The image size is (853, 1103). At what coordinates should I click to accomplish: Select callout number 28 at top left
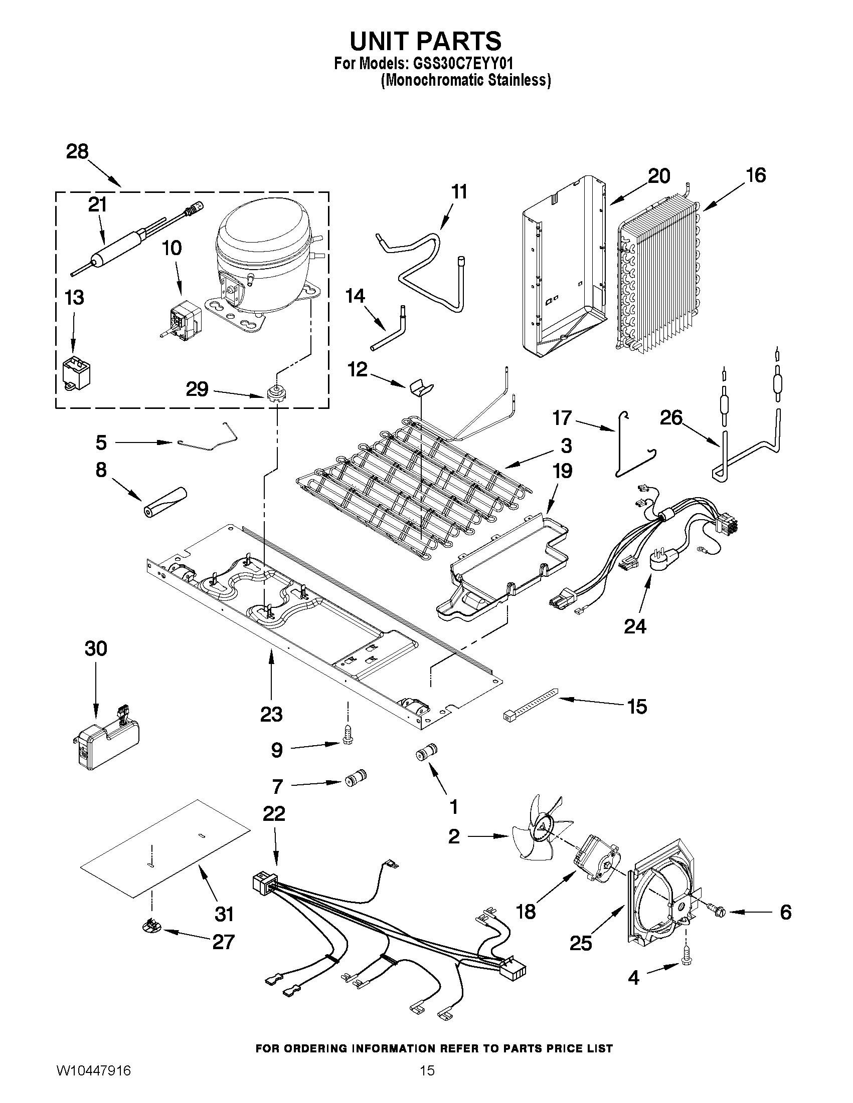pyautogui.click(x=77, y=151)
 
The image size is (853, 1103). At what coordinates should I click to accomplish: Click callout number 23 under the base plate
pyautogui.click(x=271, y=714)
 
